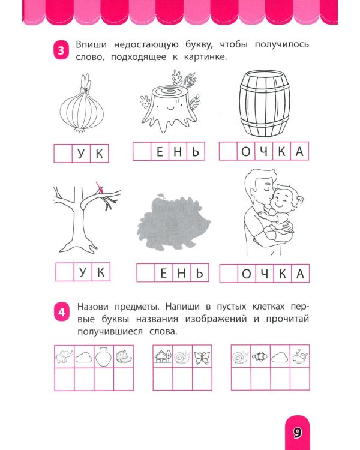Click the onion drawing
point(84,107)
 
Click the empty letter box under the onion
point(64,154)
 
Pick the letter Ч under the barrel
point(264,152)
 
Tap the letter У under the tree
point(82,273)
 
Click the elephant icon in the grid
point(64,357)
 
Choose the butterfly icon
point(202,357)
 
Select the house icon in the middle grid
point(163,357)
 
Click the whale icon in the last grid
point(299,356)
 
